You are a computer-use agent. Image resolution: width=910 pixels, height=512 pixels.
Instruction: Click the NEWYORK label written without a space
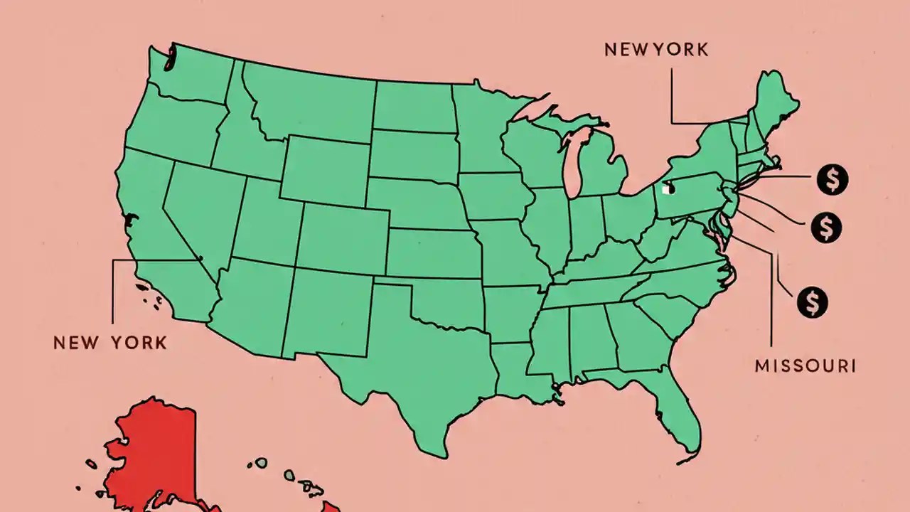656,50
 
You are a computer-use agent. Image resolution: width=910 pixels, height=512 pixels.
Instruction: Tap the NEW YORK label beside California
110,343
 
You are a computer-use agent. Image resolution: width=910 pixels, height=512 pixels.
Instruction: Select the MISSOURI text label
805,366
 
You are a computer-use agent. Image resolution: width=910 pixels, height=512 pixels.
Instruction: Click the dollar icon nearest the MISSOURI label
812,302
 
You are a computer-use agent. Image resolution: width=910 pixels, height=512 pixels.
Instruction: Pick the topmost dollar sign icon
832,179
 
